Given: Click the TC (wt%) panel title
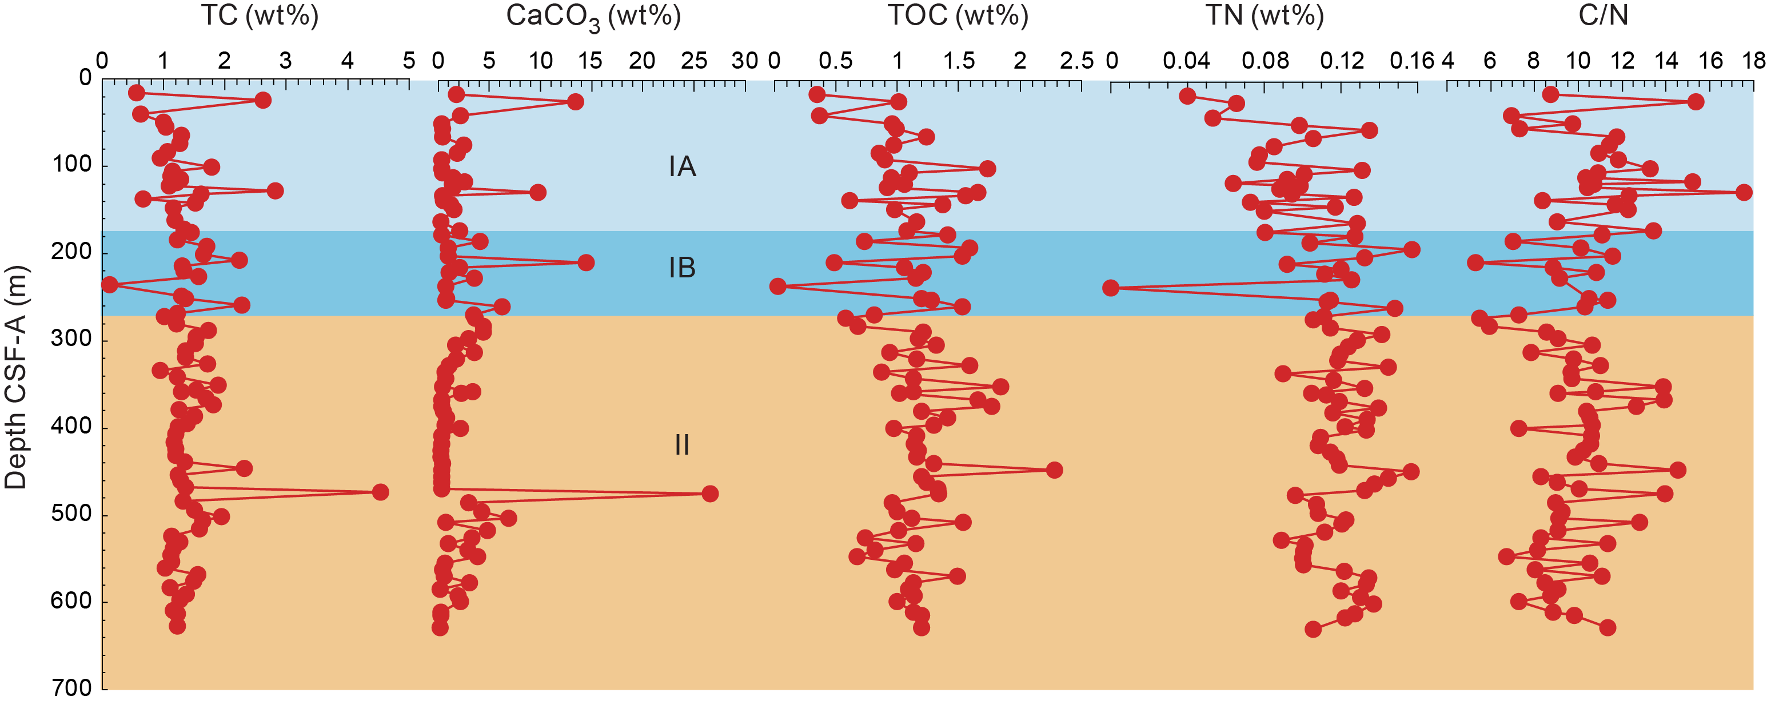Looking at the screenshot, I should click(x=260, y=15).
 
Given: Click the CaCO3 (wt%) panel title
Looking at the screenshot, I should click(x=593, y=17).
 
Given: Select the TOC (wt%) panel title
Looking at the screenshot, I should click(x=958, y=15).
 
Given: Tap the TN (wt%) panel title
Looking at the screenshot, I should click(x=1264, y=15).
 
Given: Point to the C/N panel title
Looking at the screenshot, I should click(x=1603, y=15).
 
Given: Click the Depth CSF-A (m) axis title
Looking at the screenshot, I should click(x=15, y=377).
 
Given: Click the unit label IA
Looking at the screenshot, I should click(x=682, y=167).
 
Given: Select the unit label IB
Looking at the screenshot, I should click(x=682, y=268).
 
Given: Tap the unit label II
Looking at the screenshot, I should click(x=682, y=446).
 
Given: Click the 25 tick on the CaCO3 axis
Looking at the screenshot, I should click(x=693, y=62).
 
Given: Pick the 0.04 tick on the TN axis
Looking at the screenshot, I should click(x=1186, y=62).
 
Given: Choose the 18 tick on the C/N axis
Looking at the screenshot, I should click(x=1753, y=62).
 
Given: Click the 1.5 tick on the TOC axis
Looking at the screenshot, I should click(x=958, y=62).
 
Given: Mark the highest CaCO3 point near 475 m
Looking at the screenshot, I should click(x=710, y=494).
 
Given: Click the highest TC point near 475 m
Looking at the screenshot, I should click(x=380, y=492).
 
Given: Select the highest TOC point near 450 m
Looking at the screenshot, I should click(x=1054, y=470).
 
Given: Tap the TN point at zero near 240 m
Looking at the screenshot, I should click(x=1111, y=288).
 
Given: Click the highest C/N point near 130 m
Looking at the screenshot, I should click(x=1744, y=192).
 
